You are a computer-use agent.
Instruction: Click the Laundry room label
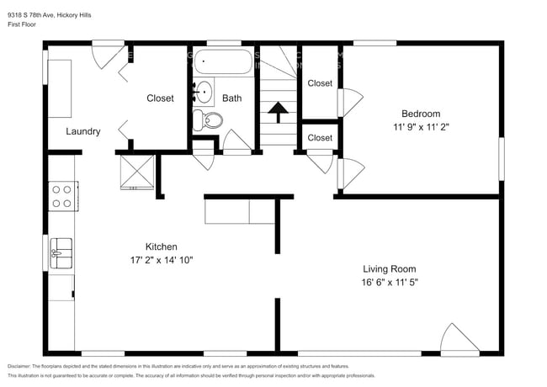[x=83, y=131]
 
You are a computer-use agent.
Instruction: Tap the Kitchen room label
[x=161, y=247]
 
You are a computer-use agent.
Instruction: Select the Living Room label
[x=384, y=268]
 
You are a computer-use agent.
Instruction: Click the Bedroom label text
[x=420, y=114]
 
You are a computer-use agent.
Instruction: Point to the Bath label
[x=231, y=98]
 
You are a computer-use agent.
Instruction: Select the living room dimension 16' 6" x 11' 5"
[x=384, y=283]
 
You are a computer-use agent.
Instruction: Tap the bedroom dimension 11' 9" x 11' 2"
[x=420, y=128]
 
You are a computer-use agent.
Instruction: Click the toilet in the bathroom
[x=210, y=120]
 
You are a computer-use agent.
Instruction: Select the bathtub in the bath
[x=223, y=62]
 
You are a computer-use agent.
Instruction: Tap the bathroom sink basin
[x=203, y=91]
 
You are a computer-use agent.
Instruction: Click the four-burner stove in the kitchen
[x=61, y=196]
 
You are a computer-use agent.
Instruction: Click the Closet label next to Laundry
[x=160, y=98]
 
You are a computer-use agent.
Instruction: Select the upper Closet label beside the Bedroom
[x=320, y=83]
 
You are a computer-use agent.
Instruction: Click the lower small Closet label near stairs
[x=320, y=137]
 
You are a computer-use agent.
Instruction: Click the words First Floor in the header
[x=25, y=24]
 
